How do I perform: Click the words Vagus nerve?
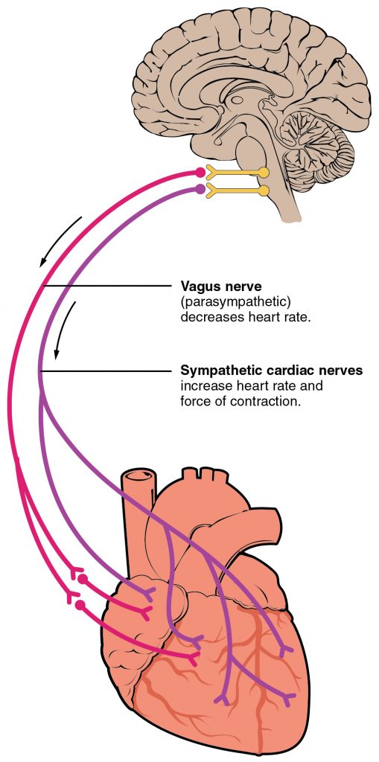[x=215, y=286]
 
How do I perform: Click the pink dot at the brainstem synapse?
[x=200, y=173]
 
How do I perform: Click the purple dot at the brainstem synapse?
[x=200, y=190]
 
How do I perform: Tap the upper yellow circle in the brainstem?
[x=264, y=173]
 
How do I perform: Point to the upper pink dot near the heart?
[x=83, y=578]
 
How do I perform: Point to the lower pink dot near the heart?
[x=80, y=605]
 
